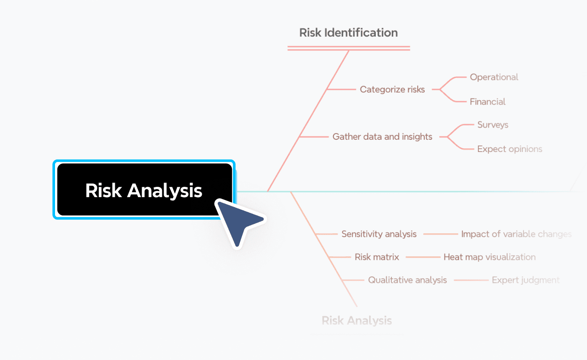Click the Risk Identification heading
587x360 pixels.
[349, 32]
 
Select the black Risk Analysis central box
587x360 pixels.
[143, 190]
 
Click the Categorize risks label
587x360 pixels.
[392, 89]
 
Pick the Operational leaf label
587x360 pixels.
[494, 77]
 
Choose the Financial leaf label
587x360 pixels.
[487, 102]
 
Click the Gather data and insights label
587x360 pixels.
[382, 136]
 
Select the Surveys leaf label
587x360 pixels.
[492, 125]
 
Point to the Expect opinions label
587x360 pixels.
[509, 149]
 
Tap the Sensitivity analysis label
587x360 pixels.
[379, 234]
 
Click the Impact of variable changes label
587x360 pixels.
[516, 234]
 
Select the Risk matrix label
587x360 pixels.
[377, 257]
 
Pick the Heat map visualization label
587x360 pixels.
[490, 257]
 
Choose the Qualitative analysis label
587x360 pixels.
[407, 280]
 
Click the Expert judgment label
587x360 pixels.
[525, 280]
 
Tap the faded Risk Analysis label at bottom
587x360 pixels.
[357, 320]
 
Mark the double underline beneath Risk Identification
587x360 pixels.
[349, 48]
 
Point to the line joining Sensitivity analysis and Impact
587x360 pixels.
[440, 234]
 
